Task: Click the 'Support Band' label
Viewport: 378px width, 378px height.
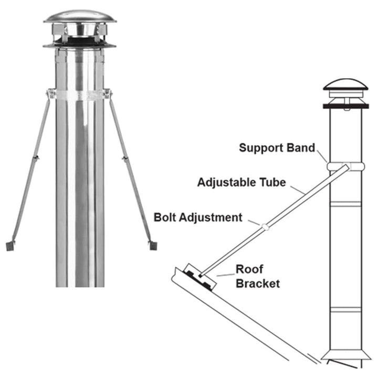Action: (277, 148)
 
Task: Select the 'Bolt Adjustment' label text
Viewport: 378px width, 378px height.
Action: (198, 217)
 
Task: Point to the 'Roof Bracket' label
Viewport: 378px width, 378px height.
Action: (257, 277)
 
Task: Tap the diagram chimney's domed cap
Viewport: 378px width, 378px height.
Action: (344, 85)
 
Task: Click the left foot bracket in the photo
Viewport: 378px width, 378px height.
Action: (10, 245)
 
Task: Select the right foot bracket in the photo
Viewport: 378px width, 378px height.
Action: (152, 245)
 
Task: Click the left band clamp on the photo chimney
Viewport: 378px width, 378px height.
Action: (51, 94)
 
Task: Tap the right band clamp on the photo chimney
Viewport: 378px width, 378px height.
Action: (108, 94)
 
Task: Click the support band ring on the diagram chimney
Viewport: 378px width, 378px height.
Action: (344, 166)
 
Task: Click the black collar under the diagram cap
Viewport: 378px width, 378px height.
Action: (344, 107)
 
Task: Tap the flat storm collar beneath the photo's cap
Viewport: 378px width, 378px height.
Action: (79, 46)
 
